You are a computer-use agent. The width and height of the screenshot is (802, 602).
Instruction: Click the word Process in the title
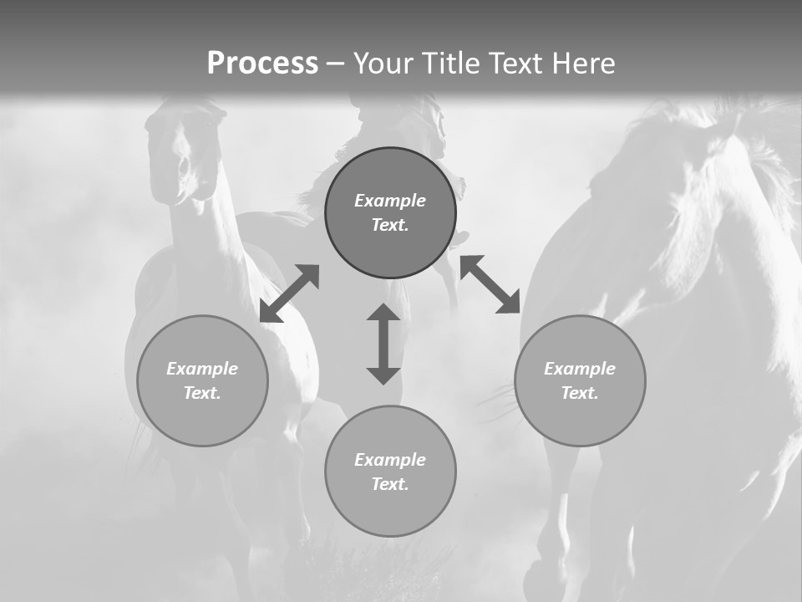tap(262, 64)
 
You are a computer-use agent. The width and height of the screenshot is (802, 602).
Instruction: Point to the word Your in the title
tap(384, 64)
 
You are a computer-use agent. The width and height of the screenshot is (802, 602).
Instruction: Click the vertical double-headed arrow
tap(383, 344)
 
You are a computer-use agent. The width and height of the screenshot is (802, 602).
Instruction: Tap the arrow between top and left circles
tap(289, 293)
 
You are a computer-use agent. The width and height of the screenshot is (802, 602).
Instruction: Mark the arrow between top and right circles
tap(490, 284)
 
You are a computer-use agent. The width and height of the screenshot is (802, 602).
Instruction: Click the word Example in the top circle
tap(390, 201)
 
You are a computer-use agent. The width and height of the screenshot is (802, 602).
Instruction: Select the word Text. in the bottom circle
tap(390, 484)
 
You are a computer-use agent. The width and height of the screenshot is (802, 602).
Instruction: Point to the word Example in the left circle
tap(202, 369)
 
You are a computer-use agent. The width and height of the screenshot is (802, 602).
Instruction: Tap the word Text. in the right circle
tap(580, 393)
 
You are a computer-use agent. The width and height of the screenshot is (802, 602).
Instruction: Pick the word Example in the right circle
tap(580, 369)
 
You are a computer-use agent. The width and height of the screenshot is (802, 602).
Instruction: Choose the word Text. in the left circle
tap(202, 393)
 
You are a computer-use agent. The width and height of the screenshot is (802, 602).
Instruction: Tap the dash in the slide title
tap(335, 64)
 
